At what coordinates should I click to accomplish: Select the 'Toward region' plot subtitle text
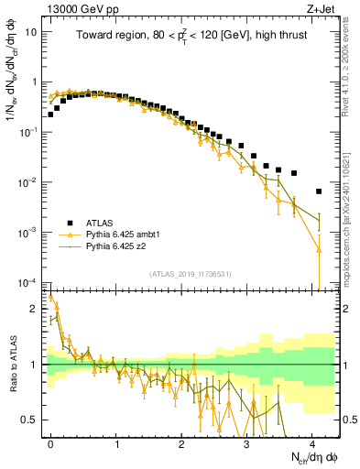(x=192, y=36)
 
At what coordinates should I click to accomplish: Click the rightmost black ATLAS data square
(x=318, y=191)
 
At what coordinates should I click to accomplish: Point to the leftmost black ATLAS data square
(x=50, y=115)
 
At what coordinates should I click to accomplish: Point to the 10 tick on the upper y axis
(x=31, y=31)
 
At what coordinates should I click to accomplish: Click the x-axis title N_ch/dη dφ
(x=311, y=458)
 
